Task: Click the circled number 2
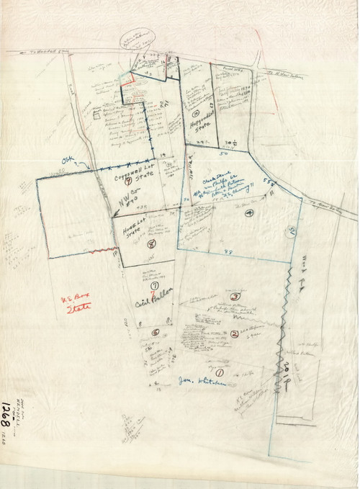(x=235, y=333)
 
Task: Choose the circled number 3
(x=234, y=296)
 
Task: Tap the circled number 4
(x=248, y=213)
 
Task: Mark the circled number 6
(x=156, y=332)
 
